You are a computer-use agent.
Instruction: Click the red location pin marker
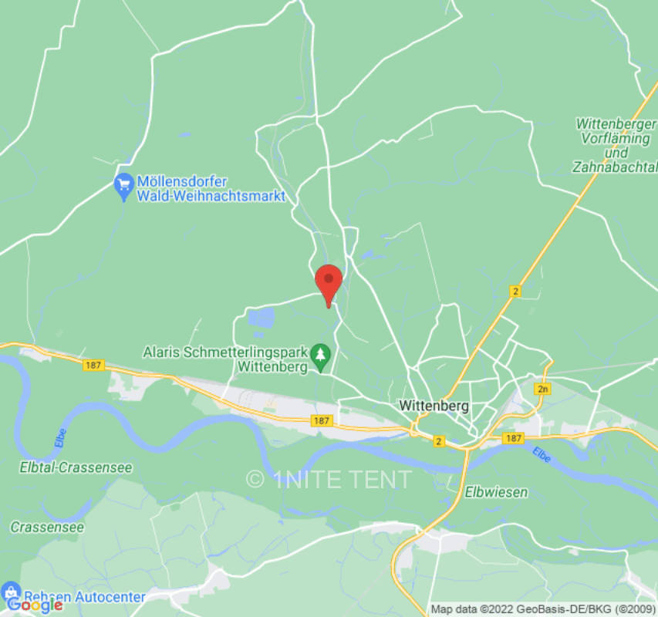[x=329, y=282]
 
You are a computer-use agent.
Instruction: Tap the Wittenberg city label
[x=434, y=406]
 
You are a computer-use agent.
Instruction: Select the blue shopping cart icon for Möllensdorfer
[x=123, y=186]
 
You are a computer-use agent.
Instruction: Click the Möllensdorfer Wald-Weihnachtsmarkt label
[x=211, y=189]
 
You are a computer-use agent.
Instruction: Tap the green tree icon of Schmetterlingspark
[x=322, y=356]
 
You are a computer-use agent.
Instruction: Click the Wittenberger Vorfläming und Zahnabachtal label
[x=615, y=145]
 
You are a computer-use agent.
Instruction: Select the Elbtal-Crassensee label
[x=76, y=467]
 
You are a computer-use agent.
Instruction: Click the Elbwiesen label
[x=496, y=491]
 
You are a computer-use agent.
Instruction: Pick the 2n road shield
[x=544, y=389]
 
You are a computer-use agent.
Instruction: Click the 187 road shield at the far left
[x=93, y=366]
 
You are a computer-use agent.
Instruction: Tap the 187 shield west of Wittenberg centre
[x=322, y=421]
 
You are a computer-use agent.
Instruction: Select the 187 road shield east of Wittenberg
[x=513, y=437]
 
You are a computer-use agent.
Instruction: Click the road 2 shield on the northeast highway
[x=515, y=291]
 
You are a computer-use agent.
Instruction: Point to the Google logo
[x=34, y=605]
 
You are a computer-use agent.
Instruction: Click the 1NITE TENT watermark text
[x=330, y=479]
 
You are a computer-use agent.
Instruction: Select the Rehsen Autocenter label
[x=85, y=596]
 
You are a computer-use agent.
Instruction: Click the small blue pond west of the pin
[x=262, y=316]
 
